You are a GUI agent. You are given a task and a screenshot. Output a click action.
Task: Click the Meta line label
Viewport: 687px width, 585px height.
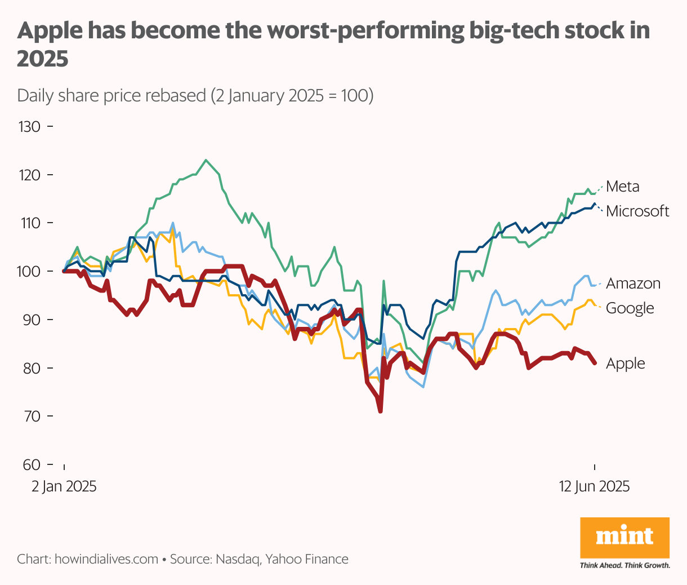(x=622, y=187)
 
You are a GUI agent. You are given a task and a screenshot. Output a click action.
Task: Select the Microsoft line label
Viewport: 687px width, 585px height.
(x=637, y=211)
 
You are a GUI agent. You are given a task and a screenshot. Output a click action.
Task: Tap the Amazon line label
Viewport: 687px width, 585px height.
(x=633, y=283)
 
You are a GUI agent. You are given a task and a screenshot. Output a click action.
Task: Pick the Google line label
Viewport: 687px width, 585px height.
(x=630, y=308)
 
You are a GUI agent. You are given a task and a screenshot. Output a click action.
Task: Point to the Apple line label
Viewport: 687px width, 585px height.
(x=625, y=364)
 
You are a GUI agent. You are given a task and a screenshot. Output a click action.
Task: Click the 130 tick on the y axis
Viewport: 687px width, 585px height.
(x=30, y=127)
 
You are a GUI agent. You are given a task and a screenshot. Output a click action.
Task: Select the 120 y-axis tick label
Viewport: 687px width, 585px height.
(x=30, y=175)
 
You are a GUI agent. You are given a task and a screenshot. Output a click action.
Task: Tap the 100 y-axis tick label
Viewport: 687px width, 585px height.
(x=30, y=272)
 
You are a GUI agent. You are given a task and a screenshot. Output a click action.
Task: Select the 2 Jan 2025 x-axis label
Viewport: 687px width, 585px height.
(x=64, y=486)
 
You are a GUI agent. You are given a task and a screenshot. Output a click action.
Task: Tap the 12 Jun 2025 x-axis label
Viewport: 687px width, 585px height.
(x=594, y=486)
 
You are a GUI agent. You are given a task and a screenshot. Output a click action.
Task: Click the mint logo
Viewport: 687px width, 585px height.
(x=624, y=537)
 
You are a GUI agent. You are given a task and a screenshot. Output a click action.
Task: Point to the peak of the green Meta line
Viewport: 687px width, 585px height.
(x=206, y=160)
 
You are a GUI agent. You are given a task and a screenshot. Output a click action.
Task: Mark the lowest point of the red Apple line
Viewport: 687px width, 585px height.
(x=381, y=411)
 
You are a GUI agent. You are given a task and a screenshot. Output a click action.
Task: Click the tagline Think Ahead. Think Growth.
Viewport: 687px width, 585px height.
(x=624, y=565)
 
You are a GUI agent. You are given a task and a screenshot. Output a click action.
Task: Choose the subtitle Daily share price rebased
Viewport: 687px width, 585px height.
(x=111, y=95)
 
